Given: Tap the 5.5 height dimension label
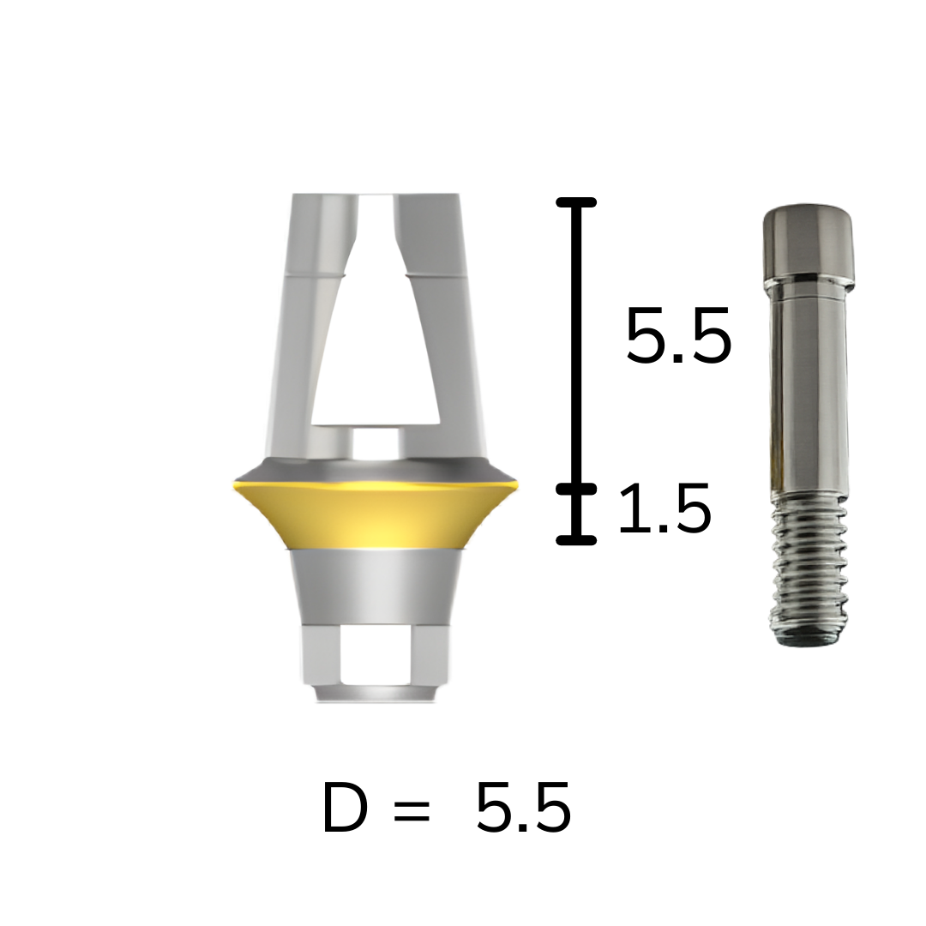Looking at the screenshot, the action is pyautogui.click(x=678, y=335).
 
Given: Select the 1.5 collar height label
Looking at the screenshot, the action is pyautogui.click(x=664, y=508).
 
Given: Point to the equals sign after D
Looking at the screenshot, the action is pyautogui.click(x=411, y=809).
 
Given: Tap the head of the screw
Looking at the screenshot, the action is pyautogui.click(x=809, y=246).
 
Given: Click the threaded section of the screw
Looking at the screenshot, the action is pyautogui.click(x=809, y=568).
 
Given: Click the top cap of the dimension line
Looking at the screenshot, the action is pyautogui.click(x=576, y=202).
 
